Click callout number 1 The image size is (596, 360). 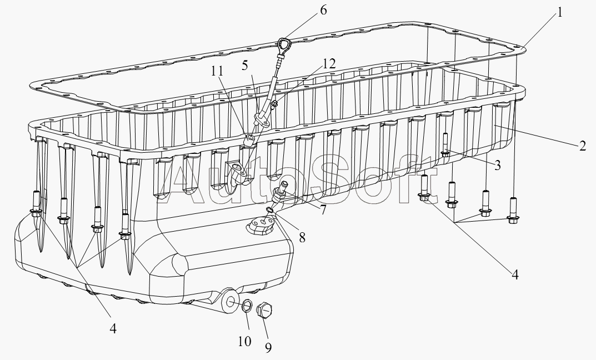coord(560,12)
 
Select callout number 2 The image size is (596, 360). coord(582,147)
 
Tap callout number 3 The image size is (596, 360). coord(498,164)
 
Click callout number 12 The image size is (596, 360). coord(329,64)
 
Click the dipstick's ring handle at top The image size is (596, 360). coord(284,43)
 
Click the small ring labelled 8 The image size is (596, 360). coord(270,209)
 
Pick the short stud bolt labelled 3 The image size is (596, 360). coord(445,146)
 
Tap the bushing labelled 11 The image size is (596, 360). coord(251,139)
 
